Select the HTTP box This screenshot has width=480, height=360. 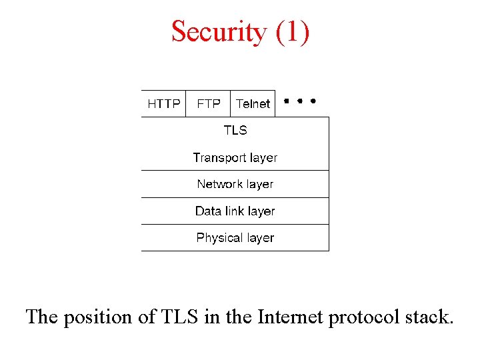[163, 104]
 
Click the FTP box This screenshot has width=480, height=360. [208, 104]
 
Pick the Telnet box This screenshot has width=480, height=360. [253, 104]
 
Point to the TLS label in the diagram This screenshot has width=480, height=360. [235, 131]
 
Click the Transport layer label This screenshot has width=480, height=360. [235, 157]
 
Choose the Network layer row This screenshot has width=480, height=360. [235, 184]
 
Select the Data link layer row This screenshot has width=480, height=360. [235, 211]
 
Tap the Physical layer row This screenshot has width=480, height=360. [235, 238]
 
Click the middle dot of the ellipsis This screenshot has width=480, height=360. [299, 101]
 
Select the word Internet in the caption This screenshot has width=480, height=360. [288, 317]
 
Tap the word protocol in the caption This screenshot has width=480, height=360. [364, 317]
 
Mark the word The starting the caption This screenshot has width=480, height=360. [42, 317]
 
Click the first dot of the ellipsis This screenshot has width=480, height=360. [285, 101]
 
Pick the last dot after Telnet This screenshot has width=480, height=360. [313, 101]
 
